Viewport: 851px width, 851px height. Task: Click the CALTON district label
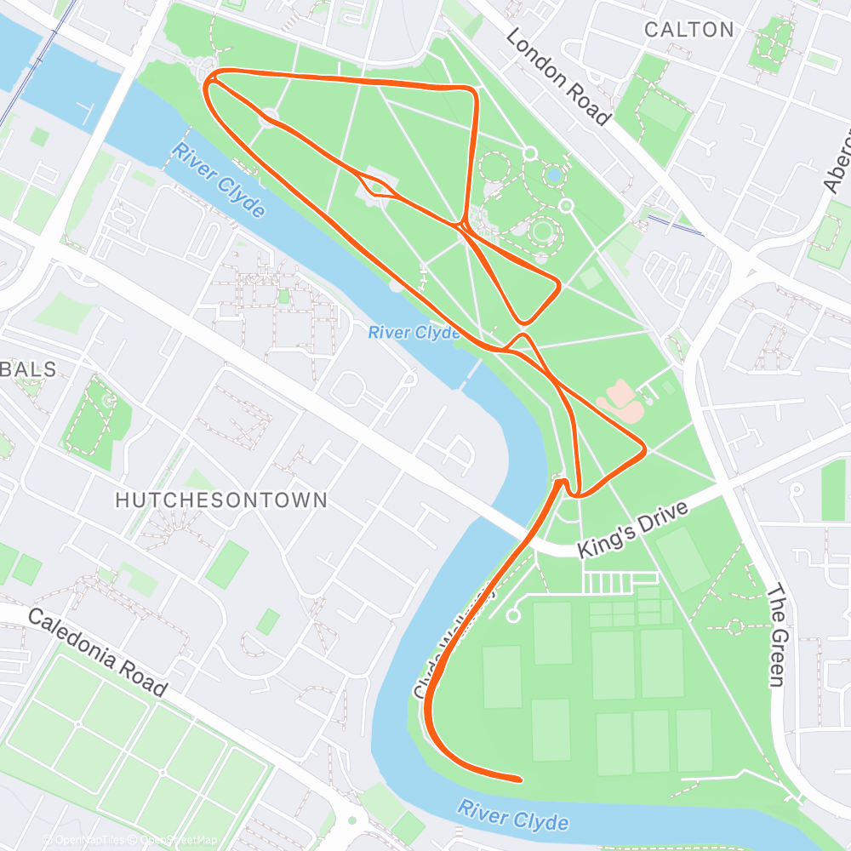point(688,30)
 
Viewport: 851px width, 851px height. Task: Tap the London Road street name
point(558,77)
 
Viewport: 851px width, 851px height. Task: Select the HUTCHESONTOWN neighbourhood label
point(221,500)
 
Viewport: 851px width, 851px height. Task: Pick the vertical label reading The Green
point(776,635)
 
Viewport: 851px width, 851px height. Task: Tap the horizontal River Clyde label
point(414,333)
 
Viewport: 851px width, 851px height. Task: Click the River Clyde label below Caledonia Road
point(513,815)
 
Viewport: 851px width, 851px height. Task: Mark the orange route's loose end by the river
point(517,779)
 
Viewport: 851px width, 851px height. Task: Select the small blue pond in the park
point(554,174)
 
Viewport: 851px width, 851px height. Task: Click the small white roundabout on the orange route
point(270,117)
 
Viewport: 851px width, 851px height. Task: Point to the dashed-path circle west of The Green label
point(735,626)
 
